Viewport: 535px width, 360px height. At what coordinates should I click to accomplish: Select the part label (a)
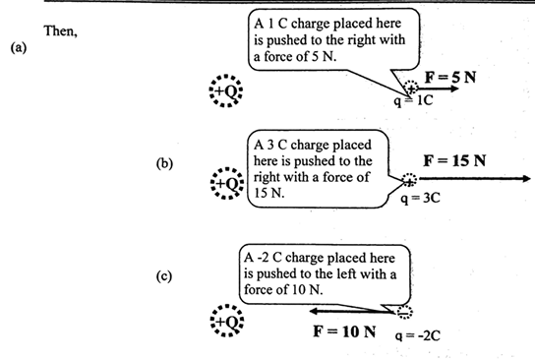pyautogui.click(x=18, y=47)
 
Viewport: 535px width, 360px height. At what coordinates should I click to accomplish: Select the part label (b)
pyautogui.click(x=164, y=163)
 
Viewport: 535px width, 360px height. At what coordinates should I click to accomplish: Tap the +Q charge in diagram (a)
pyautogui.click(x=225, y=90)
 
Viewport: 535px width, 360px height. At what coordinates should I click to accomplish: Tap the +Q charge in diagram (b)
pyautogui.click(x=226, y=183)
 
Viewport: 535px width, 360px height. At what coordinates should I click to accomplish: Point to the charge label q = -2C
pyautogui.click(x=417, y=332)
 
